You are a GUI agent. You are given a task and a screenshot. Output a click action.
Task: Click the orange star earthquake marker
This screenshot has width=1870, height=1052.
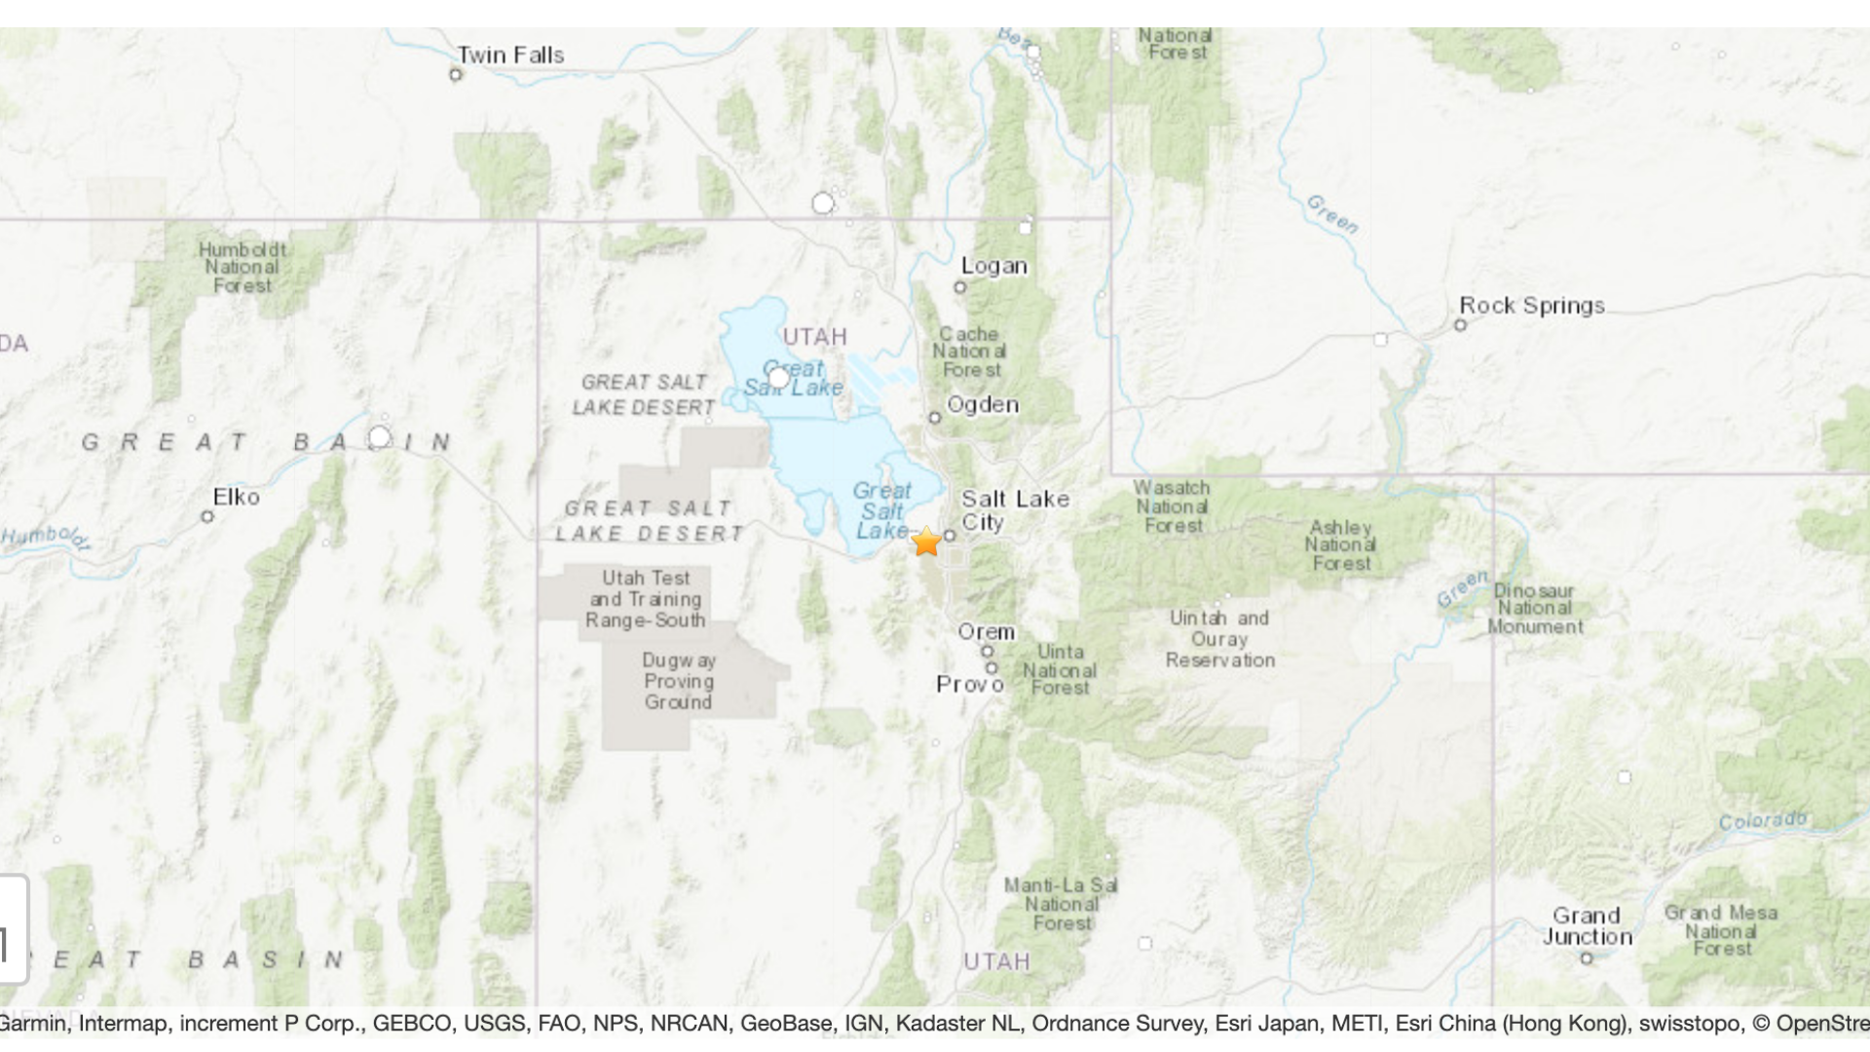pos(926,542)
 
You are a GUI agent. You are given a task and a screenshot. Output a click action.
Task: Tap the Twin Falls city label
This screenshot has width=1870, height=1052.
pos(510,56)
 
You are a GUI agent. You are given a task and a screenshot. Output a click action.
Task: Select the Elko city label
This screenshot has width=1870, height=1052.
pos(237,497)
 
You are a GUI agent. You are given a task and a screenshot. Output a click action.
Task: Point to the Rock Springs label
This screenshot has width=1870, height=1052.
pos(1532,305)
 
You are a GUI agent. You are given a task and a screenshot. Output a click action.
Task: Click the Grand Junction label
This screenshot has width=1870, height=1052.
pos(1587,926)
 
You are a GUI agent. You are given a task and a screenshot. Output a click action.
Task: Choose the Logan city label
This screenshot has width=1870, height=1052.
pos(993,266)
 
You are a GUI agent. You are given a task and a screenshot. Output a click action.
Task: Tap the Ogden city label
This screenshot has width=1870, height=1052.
pos(983,404)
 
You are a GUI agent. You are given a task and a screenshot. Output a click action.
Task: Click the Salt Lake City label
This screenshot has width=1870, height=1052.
pos(1014,510)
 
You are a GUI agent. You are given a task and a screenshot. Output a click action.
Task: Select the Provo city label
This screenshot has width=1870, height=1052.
pos(970,685)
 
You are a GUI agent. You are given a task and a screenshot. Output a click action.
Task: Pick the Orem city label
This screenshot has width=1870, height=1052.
pos(986,631)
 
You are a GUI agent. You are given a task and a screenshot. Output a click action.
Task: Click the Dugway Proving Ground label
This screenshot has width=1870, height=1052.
pos(679,681)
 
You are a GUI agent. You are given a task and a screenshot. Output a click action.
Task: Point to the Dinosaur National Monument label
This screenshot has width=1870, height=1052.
pos(1535,609)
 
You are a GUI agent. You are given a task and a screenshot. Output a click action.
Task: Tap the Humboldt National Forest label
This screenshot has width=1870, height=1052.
pos(243,267)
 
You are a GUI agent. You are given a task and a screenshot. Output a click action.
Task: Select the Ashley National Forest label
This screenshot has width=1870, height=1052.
pos(1340,545)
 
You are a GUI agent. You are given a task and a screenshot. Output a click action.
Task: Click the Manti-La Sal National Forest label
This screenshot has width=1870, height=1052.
pos(1061,904)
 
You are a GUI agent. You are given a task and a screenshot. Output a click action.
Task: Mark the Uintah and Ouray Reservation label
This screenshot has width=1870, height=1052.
pos(1219,639)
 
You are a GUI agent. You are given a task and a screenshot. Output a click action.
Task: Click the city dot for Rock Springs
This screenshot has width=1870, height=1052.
pos(1460,325)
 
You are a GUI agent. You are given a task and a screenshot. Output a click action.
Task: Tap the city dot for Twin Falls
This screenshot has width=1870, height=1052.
pos(456,75)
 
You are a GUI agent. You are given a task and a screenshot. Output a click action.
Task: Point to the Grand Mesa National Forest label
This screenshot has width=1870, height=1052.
pos(1721,930)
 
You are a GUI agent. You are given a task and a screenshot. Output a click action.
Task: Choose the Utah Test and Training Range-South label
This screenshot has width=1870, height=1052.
pos(646,599)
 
